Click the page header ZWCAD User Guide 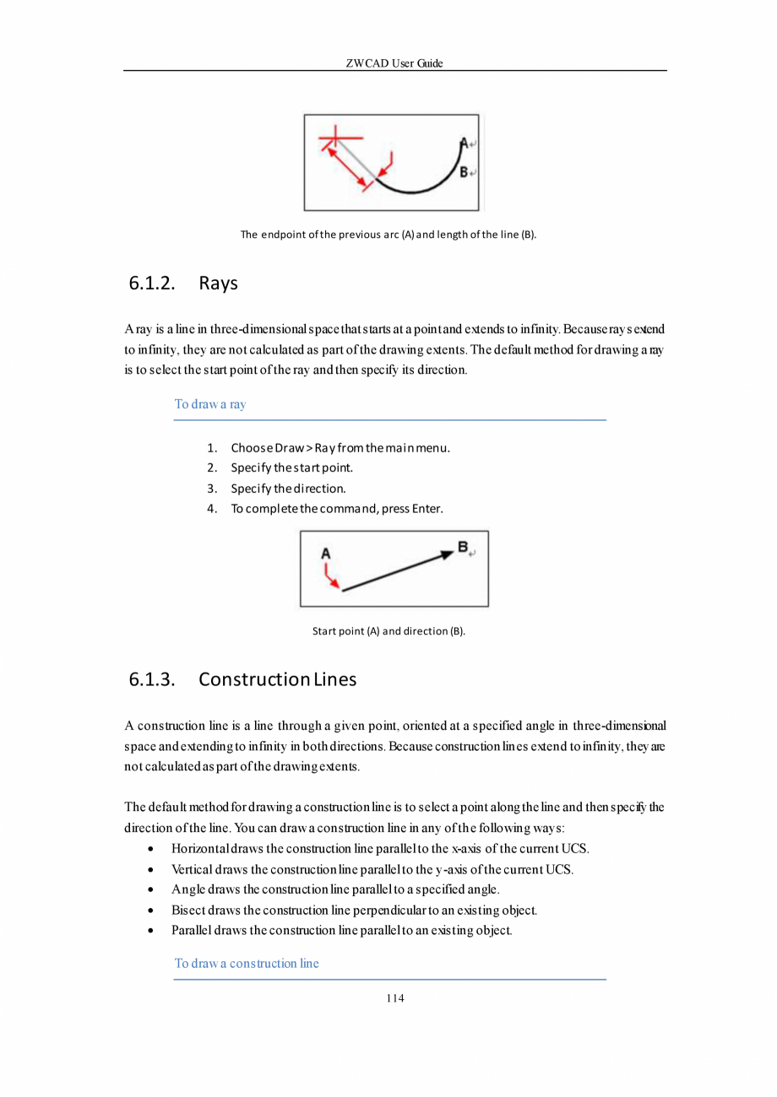pos(394,63)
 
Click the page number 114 pos(394,998)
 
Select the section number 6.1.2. pos(152,283)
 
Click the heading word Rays pos(218,283)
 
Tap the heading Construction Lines pos(277,679)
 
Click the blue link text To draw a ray pos(210,404)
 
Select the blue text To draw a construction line pos(247,964)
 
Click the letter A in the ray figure pos(326,554)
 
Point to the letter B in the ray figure pos(463,548)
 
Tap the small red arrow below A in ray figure pos(331,578)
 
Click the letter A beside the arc pos(464,143)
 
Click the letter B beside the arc pos(464,172)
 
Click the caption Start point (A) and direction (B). pos(388,631)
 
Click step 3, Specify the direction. pos(288,489)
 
